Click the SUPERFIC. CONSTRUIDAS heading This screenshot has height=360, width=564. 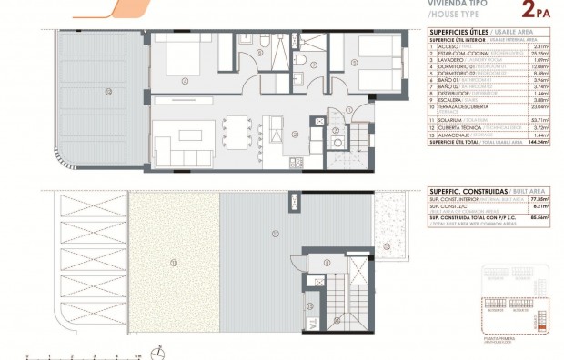coord(463,191)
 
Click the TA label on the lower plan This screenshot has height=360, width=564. coord(311,324)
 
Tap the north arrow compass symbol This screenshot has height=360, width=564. coord(159,351)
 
